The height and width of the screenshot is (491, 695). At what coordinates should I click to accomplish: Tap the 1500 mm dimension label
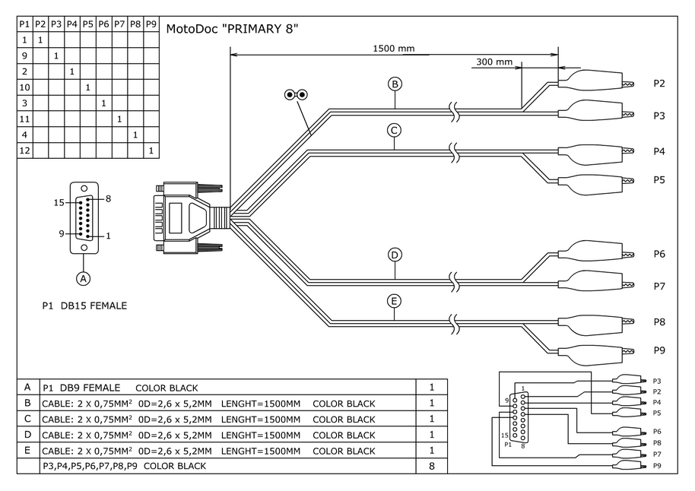click(x=393, y=49)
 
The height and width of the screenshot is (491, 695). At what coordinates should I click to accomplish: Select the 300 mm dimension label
click(x=493, y=62)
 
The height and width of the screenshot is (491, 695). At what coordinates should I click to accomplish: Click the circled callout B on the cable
click(x=395, y=84)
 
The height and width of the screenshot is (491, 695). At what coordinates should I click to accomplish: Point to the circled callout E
click(x=394, y=302)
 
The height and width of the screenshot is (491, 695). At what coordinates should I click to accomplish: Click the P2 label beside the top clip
click(x=659, y=84)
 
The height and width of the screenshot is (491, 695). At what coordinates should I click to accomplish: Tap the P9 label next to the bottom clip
click(x=659, y=350)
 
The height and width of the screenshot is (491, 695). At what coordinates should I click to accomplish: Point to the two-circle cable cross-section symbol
click(x=296, y=95)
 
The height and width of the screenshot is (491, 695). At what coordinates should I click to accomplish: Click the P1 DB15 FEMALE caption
click(x=84, y=306)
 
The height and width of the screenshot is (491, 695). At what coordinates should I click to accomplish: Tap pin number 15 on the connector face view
click(x=59, y=202)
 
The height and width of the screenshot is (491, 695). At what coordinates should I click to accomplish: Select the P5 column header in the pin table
click(x=87, y=24)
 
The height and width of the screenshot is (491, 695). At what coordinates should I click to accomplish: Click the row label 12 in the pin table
click(x=25, y=150)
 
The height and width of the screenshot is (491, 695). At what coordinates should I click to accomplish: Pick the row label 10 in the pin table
click(x=25, y=87)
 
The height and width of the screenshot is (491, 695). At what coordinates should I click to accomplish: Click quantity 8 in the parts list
click(x=432, y=465)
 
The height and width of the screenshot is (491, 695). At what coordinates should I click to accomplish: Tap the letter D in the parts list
click(x=27, y=434)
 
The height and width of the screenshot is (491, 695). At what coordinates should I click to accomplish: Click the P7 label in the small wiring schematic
click(x=657, y=454)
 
